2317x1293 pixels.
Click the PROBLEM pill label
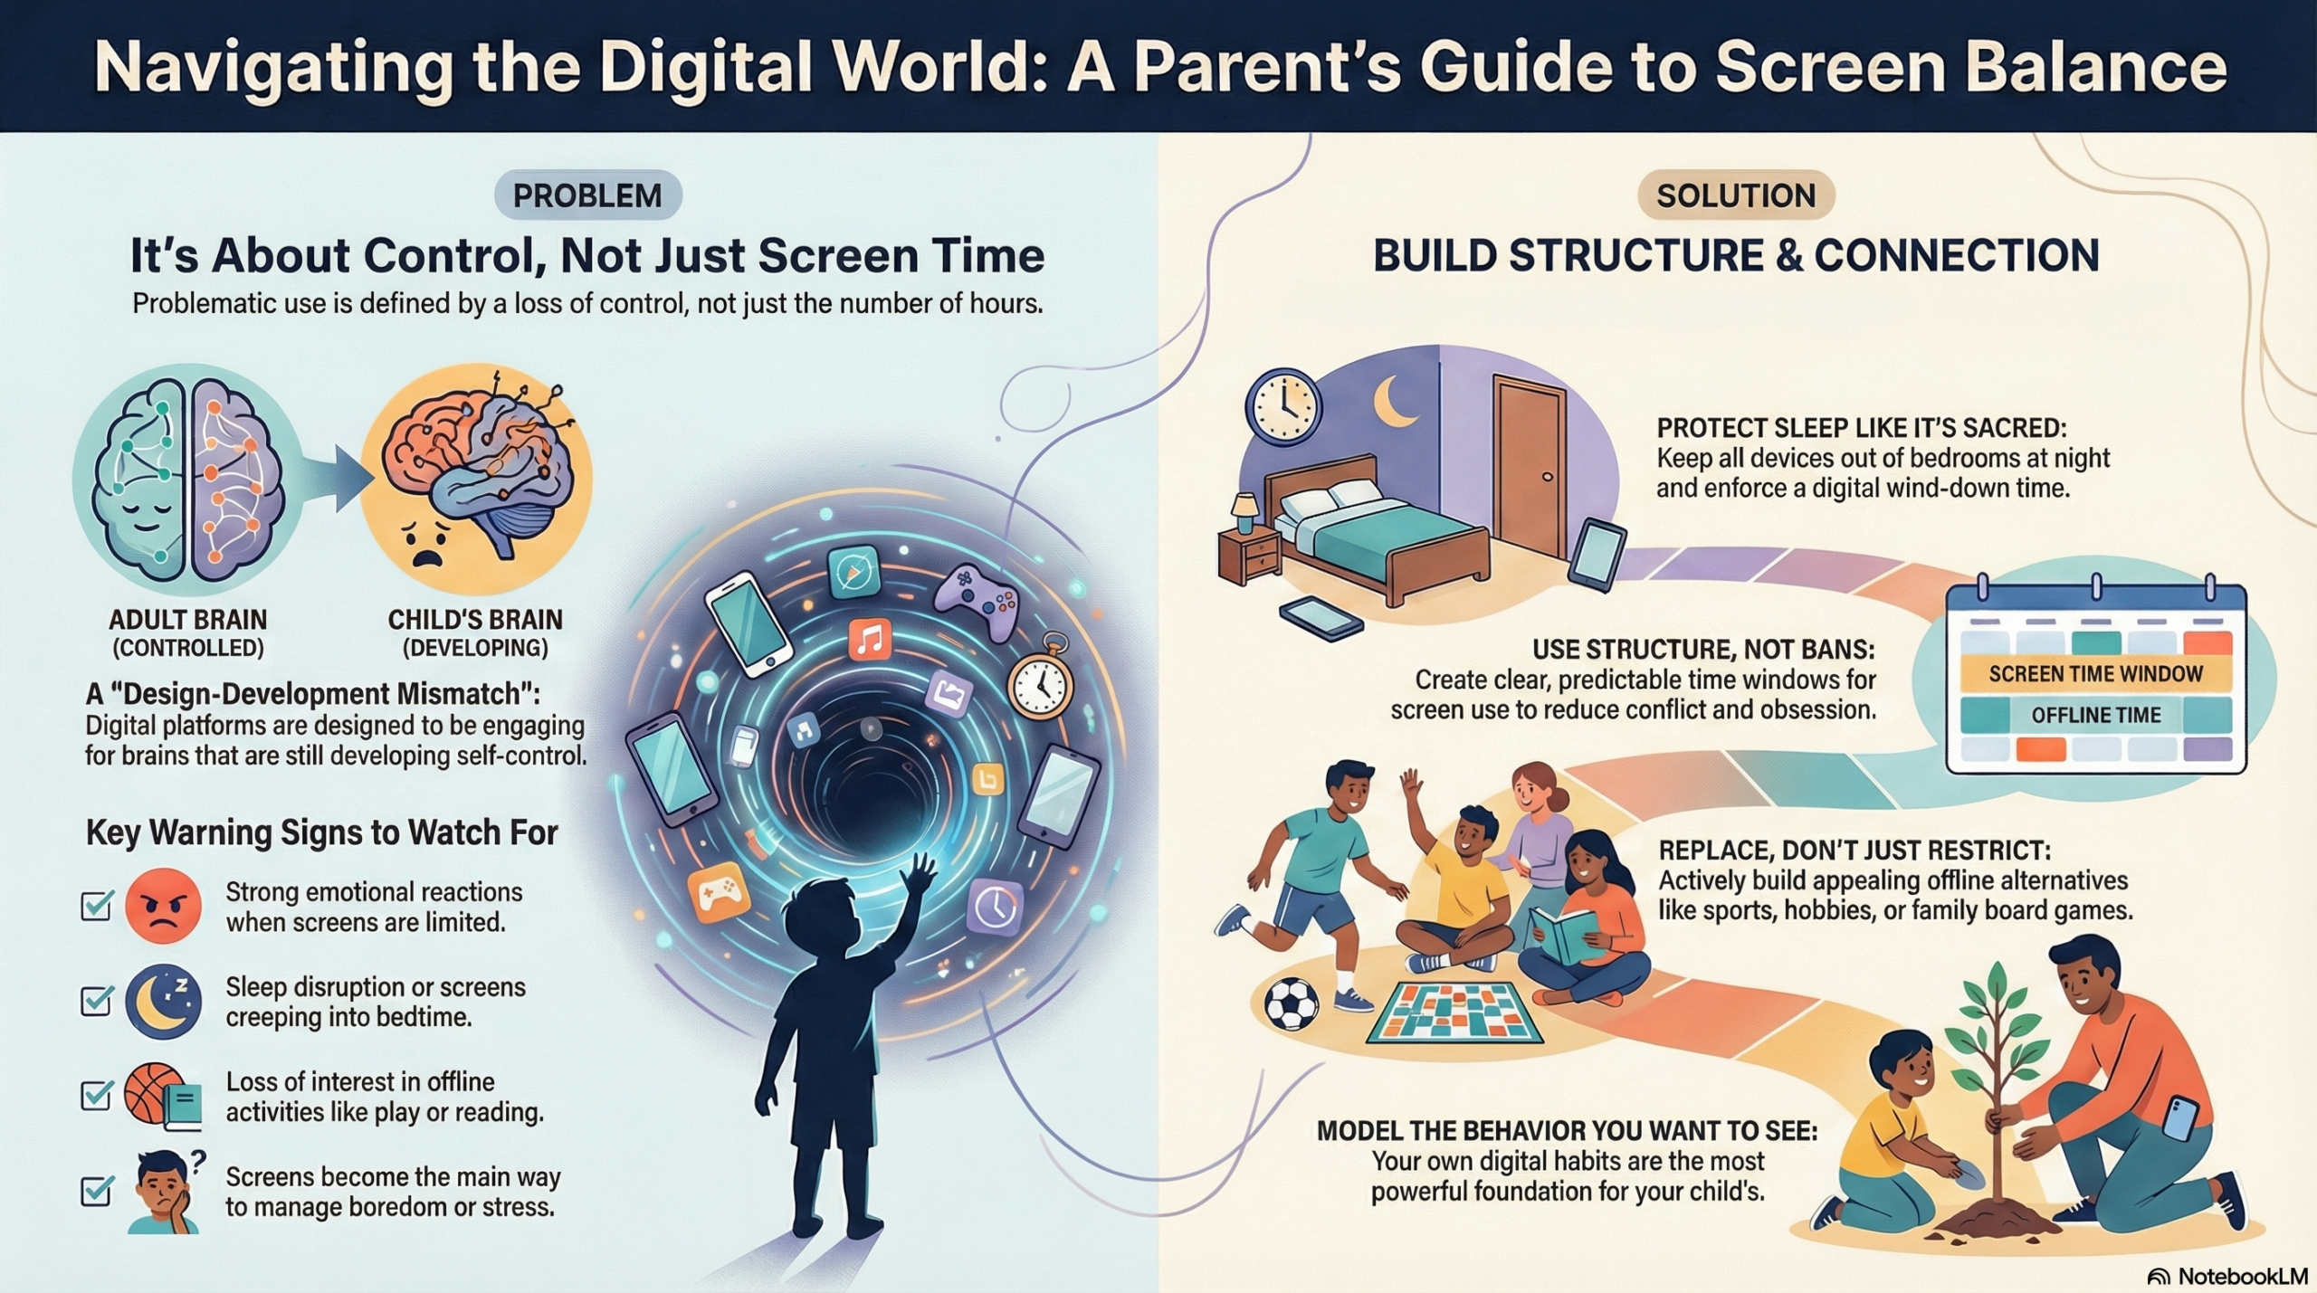[587, 195]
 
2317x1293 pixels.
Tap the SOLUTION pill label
[1736, 195]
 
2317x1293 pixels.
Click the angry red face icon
[163, 906]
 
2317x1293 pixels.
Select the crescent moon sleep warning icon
[163, 1001]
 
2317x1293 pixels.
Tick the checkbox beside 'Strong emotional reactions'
[97, 905]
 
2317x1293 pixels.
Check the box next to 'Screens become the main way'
[97, 1190]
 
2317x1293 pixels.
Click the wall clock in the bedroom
[1282, 407]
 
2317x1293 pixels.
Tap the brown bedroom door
[1530, 471]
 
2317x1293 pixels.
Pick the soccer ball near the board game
[1292, 1005]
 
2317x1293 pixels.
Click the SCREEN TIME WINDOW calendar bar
[2095, 674]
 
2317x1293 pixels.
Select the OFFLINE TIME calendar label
[2095, 715]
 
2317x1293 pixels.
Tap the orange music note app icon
[870, 641]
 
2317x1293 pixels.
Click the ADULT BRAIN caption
[188, 621]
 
